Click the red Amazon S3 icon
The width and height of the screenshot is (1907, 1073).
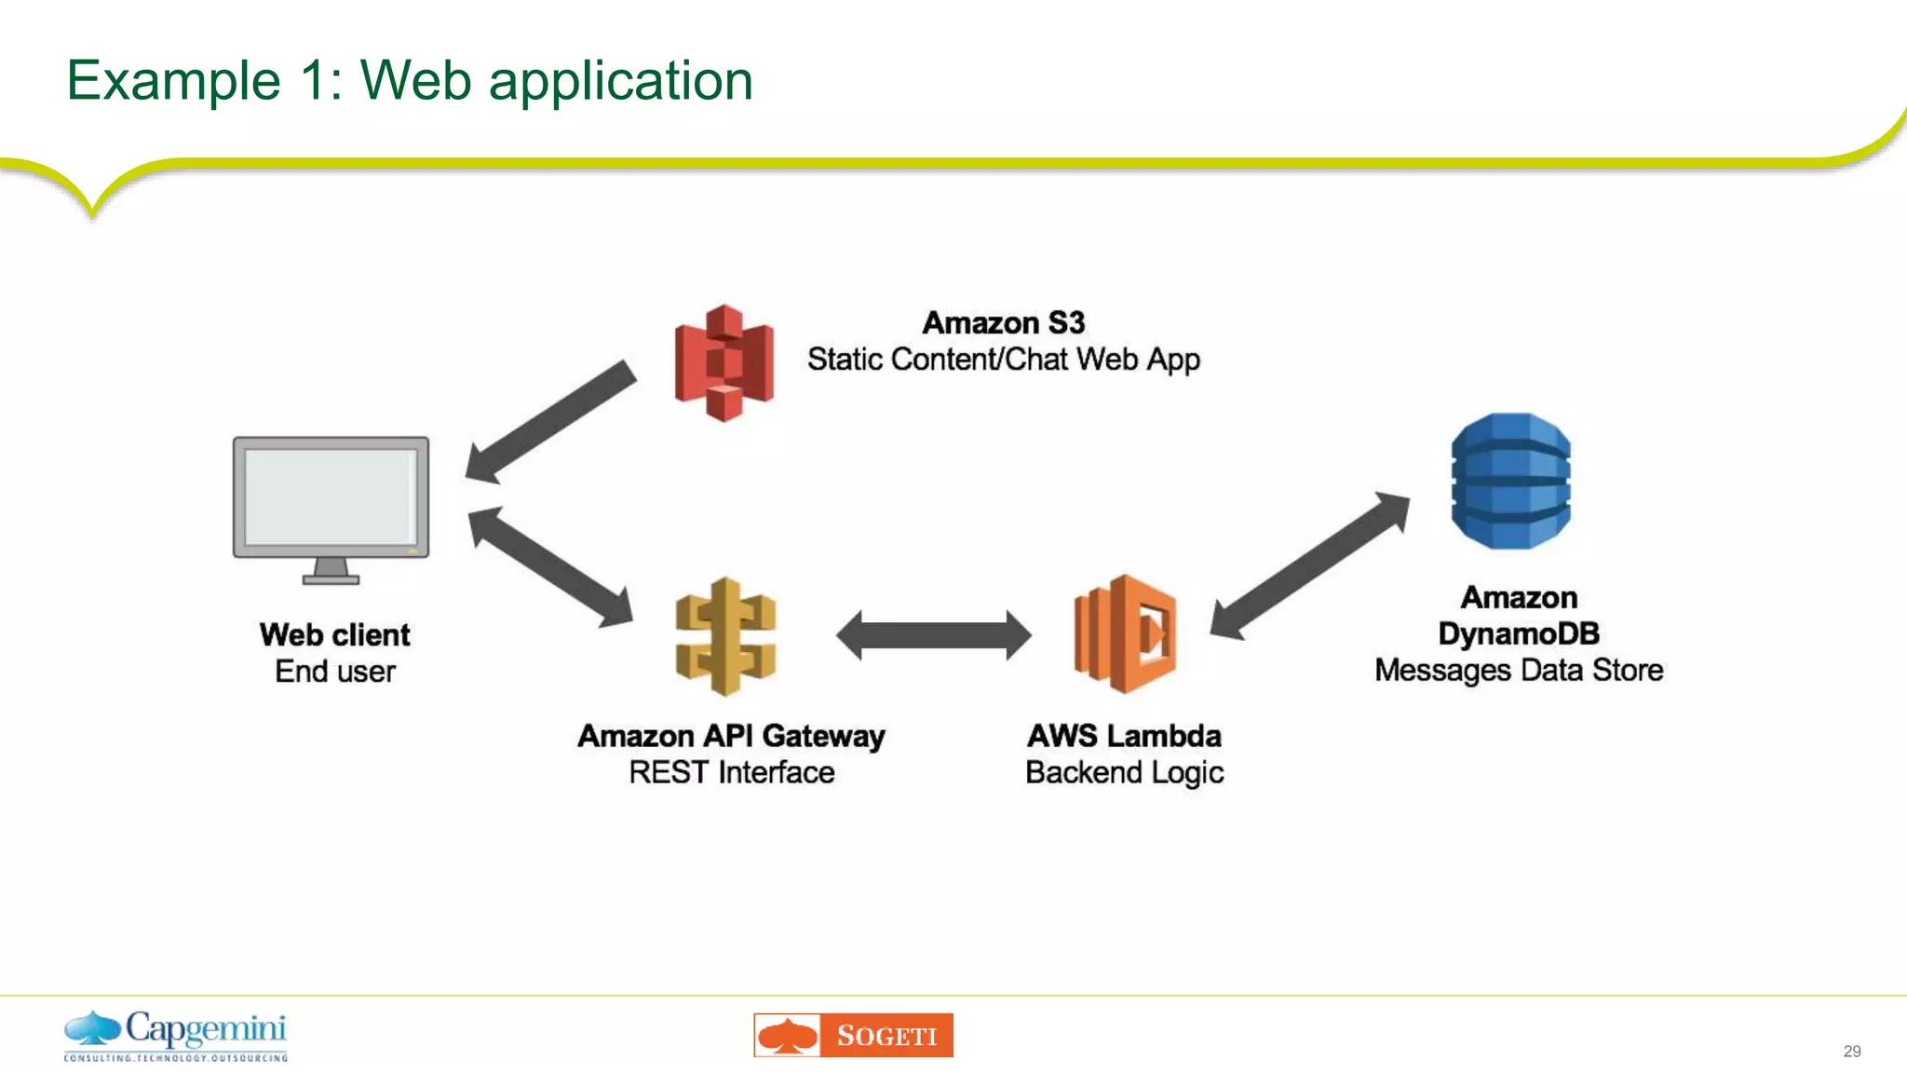724,363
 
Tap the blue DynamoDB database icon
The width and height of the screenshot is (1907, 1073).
1510,481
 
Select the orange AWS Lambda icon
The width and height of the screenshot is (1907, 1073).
1125,634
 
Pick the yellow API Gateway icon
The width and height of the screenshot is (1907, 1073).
725,637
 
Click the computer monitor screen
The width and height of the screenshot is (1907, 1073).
331,496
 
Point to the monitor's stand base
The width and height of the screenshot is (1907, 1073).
331,578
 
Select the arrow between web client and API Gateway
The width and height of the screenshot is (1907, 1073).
550,566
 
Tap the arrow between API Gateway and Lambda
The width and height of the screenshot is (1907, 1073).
933,635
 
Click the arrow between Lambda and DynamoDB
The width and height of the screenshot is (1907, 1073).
1309,565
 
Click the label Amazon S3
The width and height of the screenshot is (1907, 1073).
1003,323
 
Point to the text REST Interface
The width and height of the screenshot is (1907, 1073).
731,772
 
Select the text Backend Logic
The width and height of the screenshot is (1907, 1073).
1124,772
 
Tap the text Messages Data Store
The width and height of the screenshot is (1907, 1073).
1518,670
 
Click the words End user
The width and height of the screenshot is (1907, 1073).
335,672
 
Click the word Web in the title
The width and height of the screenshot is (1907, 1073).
415,80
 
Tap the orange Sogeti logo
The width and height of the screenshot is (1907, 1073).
853,1035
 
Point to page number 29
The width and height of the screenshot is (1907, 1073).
1851,1052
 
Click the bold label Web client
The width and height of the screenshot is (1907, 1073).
335,635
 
